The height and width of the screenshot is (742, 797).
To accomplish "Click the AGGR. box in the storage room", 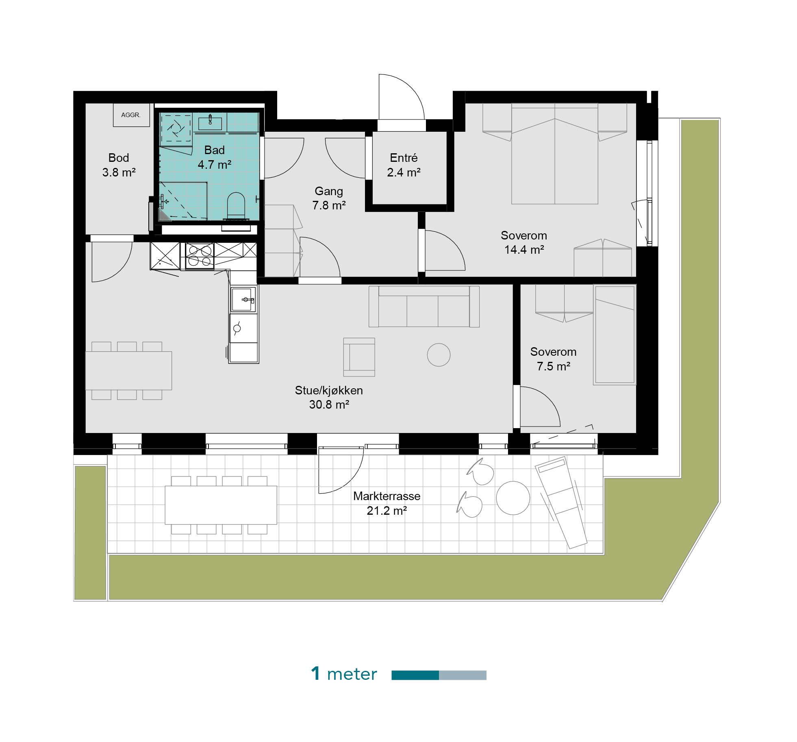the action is (131, 115).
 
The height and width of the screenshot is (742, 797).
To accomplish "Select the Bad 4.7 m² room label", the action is (214, 157).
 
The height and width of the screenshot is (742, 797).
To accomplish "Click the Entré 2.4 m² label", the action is (404, 165).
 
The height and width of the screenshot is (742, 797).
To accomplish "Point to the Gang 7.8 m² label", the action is (329, 198).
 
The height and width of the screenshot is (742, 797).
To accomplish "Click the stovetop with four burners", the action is (200, 256).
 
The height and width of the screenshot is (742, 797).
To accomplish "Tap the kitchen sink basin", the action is (241, 299).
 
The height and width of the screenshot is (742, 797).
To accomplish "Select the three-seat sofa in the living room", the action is (424, 306).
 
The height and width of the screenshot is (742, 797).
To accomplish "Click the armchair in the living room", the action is (359, 357).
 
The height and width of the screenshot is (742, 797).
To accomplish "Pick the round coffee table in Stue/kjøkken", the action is (439, 355).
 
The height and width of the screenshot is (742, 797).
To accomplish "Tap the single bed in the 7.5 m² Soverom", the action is (615, 335).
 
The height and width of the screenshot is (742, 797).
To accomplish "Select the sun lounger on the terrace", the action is (561, 503).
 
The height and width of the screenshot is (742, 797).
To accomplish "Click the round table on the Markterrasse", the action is (513, 498).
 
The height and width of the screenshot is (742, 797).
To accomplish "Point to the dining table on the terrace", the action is (221, 505).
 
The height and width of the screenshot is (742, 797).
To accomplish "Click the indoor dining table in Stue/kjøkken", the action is (128, 370).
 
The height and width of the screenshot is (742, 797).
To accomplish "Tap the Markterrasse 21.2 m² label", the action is (387, 503).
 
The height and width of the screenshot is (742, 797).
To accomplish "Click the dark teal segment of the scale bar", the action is (415, 675).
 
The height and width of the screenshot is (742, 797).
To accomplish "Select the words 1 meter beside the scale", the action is (344, 674).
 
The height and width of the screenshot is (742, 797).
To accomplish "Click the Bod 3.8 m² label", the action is (119, 165).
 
